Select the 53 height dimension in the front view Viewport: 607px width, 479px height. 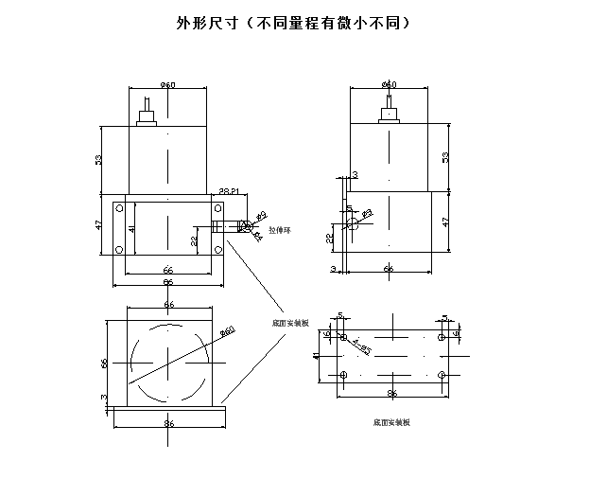(98, 159)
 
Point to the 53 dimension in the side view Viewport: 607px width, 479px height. (445, 157)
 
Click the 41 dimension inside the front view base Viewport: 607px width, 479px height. (132, 228)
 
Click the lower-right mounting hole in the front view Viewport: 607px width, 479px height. (218, 250)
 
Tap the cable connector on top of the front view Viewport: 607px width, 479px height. (147, 117)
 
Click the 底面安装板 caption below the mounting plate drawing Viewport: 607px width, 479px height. (390, 422)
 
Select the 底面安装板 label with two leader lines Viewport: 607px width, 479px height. (289, 322)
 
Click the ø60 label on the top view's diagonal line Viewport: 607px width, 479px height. (226, 331)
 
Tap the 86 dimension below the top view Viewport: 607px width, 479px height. (168, 424)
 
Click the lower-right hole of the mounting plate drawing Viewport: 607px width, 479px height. (441, 376)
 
